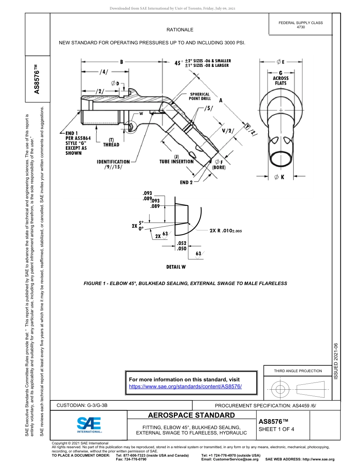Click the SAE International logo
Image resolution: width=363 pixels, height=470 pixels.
(x=89, y=425)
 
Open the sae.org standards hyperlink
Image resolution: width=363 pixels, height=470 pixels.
(x=185, y=386)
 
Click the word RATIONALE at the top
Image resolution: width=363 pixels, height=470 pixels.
(x=180, y=30)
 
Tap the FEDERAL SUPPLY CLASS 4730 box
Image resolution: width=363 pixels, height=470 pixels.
(x=300, y=25)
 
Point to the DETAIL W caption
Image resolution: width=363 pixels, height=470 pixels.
(x=176, y=267)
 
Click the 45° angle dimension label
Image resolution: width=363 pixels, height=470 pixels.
(x=178, y=63)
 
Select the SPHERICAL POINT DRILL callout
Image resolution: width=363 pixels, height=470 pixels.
(x=199, y=96)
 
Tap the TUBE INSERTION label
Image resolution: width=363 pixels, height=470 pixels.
(x=176, y=161)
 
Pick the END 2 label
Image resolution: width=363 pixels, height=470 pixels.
(x=186, y=182)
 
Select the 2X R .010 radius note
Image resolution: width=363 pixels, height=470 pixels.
(x=225, y=231)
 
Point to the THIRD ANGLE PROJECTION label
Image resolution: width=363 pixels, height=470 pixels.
(x=298, y=371)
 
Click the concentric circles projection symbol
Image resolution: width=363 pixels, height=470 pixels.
(x=280, y=389)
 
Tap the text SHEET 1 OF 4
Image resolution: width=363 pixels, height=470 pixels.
(x=276, y=429)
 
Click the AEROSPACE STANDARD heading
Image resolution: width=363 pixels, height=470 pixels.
(x=191, y=415)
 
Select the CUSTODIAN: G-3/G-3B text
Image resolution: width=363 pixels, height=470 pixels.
(x=84, y=405)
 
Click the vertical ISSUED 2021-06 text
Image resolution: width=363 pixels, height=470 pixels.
(x=336, y=361)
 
